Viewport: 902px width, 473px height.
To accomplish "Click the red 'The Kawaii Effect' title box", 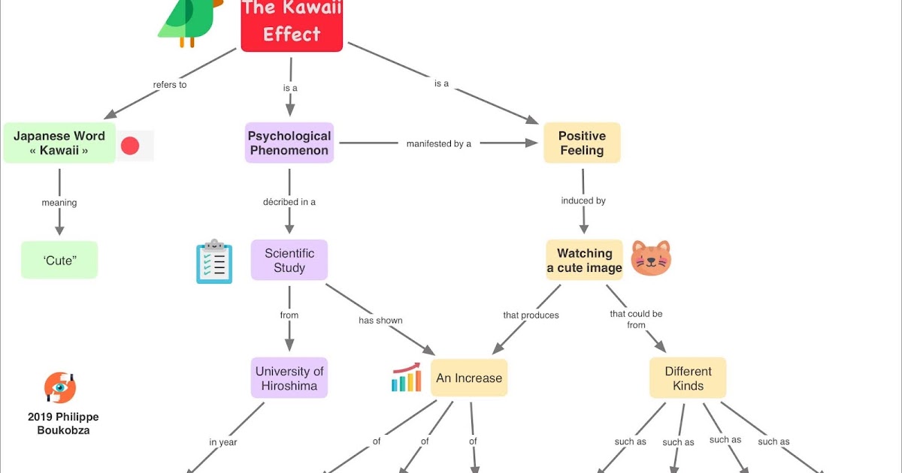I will tap(292, 24).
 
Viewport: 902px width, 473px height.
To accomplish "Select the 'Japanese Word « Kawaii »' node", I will tap(59, 143).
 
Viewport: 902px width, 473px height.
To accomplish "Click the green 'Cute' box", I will tap(59, 260).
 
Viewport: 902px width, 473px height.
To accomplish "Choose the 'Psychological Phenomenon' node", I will tap(289, 143).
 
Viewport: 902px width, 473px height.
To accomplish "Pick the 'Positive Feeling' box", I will tap(582, 143).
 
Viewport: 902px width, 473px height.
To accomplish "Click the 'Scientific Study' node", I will tap(289, 260).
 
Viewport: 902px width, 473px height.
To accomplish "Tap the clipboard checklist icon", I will tap(214, 261).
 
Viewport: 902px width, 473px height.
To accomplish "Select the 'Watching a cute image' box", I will tap(584, 260).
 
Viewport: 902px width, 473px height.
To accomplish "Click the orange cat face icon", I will tap(650, 258).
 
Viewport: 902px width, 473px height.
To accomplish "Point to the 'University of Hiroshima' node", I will tap(289, 378).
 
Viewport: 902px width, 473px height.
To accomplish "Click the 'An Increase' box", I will tap(469, 378).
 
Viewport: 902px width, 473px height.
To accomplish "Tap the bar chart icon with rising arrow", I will tap(407, 378).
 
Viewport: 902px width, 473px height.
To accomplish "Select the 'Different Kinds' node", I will tap(688, 378).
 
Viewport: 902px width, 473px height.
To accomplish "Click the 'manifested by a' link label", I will tap(438, 143).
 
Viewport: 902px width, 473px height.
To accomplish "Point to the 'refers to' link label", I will tap(170, 85).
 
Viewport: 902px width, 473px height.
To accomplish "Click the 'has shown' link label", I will tap(380, 321).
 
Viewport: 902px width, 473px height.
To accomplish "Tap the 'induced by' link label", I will tap(583, 201).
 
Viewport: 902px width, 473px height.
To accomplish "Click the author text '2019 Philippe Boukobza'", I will tap(63, 423).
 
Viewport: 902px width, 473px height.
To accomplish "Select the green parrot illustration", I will tap(188, 21).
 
